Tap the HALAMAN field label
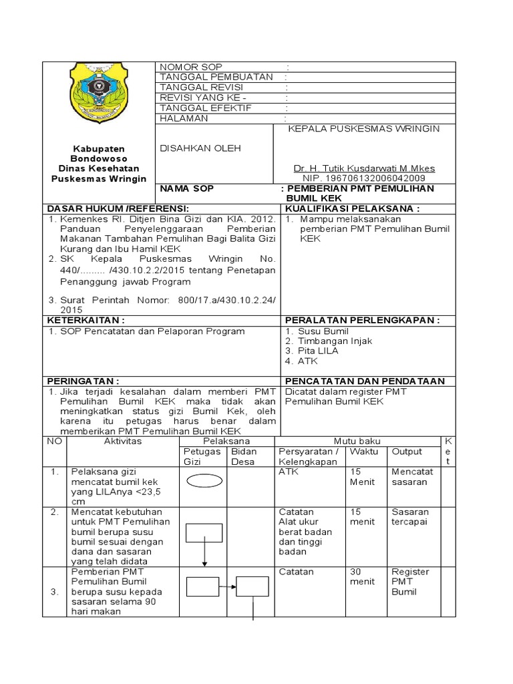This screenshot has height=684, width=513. [x=184, y=118]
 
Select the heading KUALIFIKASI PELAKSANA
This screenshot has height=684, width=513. [x=353, y=208]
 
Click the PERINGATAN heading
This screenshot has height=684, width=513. [x=83, y=381]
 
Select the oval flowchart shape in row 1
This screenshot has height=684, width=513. [x=204, y=481]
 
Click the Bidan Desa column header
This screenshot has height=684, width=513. [x=244, y=456]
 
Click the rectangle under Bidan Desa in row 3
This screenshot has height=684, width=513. [x=252, y=586]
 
